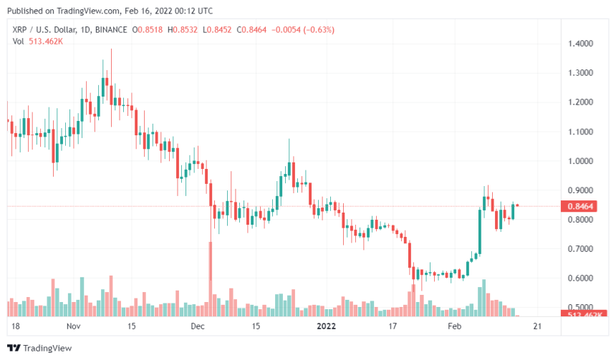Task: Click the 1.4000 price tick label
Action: point(580,44)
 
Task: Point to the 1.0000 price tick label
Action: point(580,161)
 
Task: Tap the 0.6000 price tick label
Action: point(580,278)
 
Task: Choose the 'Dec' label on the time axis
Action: point(198,326)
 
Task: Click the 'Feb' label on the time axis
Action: point(454,326)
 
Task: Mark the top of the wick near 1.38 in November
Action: point(111,49)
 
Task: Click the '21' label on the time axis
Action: point(539,326)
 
